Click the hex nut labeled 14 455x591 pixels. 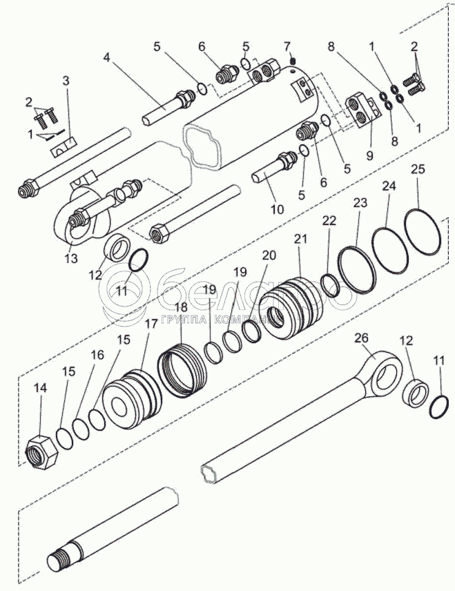click(41, 453)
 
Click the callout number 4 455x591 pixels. click(107, 57)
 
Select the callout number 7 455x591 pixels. click(287, 46)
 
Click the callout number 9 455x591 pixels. click(369, 156)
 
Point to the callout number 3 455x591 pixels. click(66, 81)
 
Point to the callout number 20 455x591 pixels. click(269, 255)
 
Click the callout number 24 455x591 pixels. click(389, 186)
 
